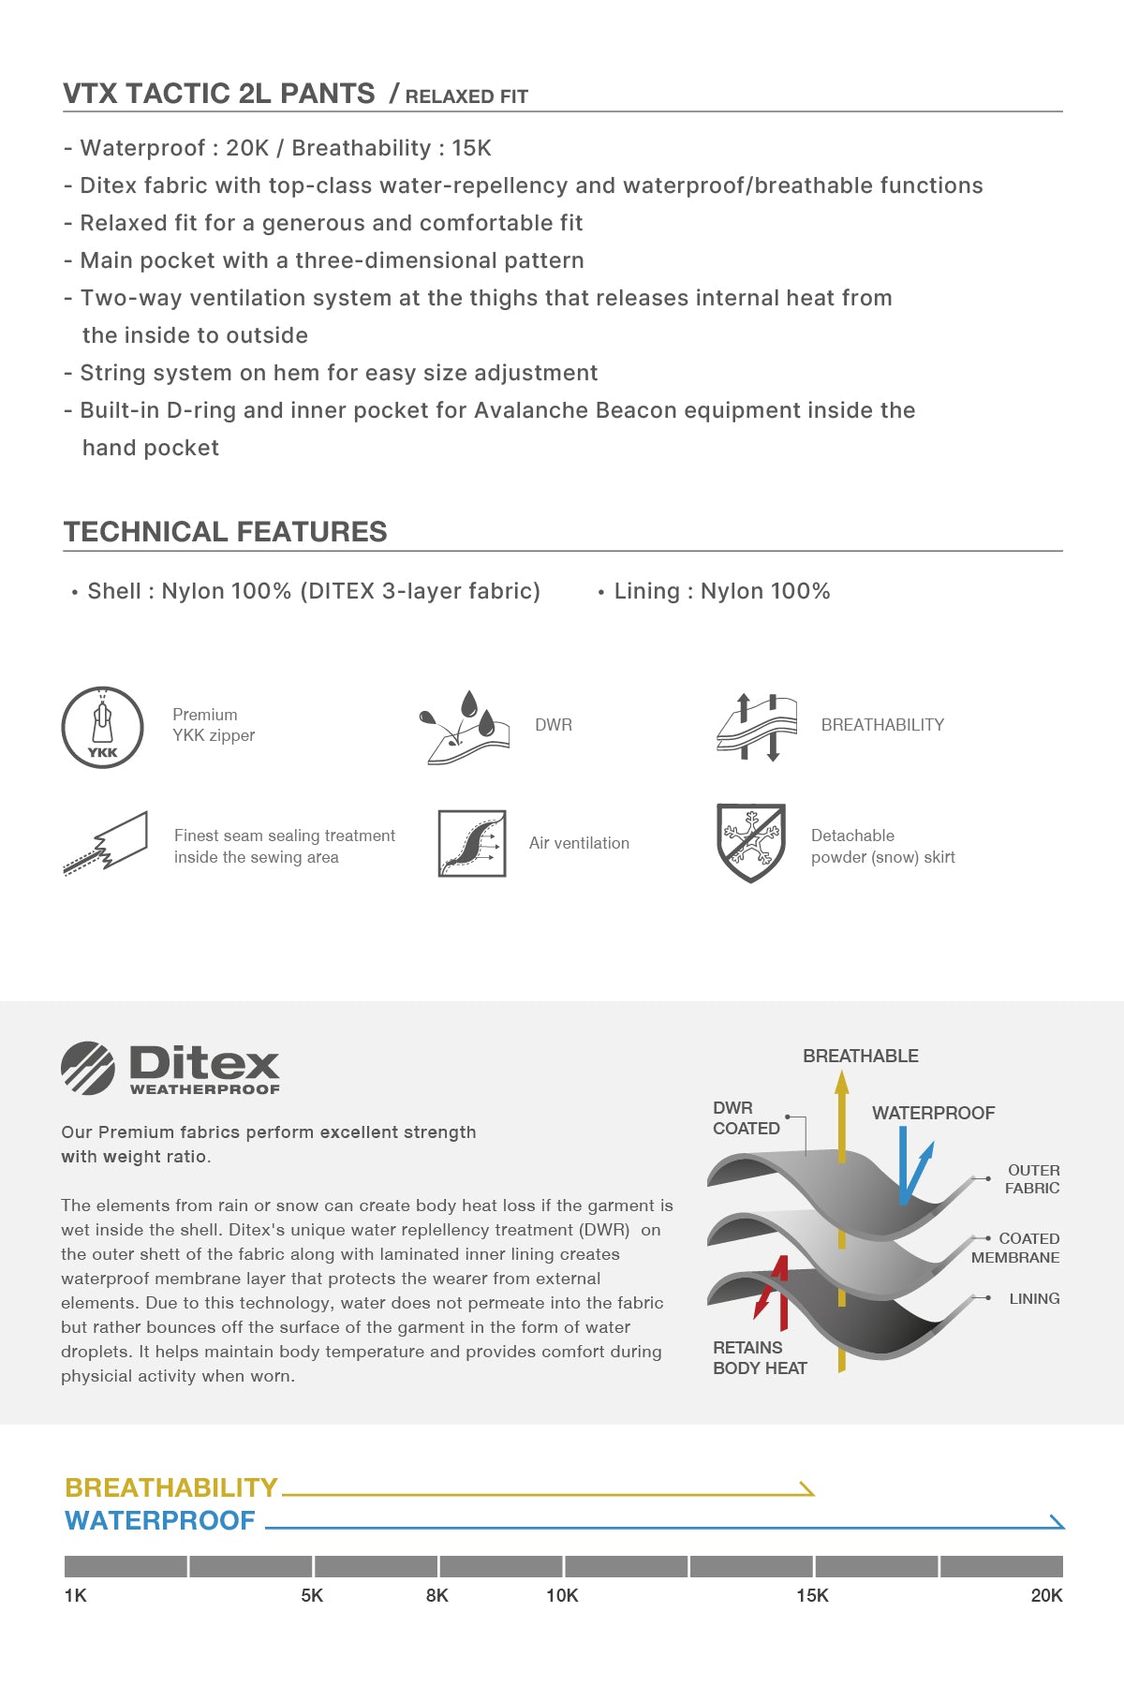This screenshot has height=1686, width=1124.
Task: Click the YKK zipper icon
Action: coord(102,728)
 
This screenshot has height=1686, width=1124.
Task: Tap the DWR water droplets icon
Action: coord(464,728)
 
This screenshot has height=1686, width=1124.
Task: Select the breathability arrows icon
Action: coord(757,728)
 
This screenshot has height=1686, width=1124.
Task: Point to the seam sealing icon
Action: coord(106,843)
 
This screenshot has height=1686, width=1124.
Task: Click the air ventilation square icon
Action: coord(472,843)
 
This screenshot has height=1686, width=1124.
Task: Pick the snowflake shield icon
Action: coord(750,843)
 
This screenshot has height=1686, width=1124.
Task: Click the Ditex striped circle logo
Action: coord(88,1068)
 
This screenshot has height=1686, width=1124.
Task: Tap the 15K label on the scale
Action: coord(812,1595)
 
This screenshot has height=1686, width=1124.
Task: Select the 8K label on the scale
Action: coord(436,1595)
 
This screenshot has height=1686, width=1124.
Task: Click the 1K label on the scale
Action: coord(75,1595)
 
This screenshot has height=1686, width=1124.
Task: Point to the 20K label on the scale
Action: coord(1046,1595)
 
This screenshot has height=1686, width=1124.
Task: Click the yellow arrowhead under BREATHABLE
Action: coord(841,1084)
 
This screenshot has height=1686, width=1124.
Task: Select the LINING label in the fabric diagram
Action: coord(1034,1298)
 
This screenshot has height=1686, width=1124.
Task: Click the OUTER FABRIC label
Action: coord(1033,1179)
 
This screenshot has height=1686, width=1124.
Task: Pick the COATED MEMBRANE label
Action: coord(1016,1248)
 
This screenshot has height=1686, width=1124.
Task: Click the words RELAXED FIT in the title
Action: coord(466,96)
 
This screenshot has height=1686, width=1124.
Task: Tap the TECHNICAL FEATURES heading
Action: coord(225,531)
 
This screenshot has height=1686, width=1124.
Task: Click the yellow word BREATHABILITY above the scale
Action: coord(171,1487)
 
